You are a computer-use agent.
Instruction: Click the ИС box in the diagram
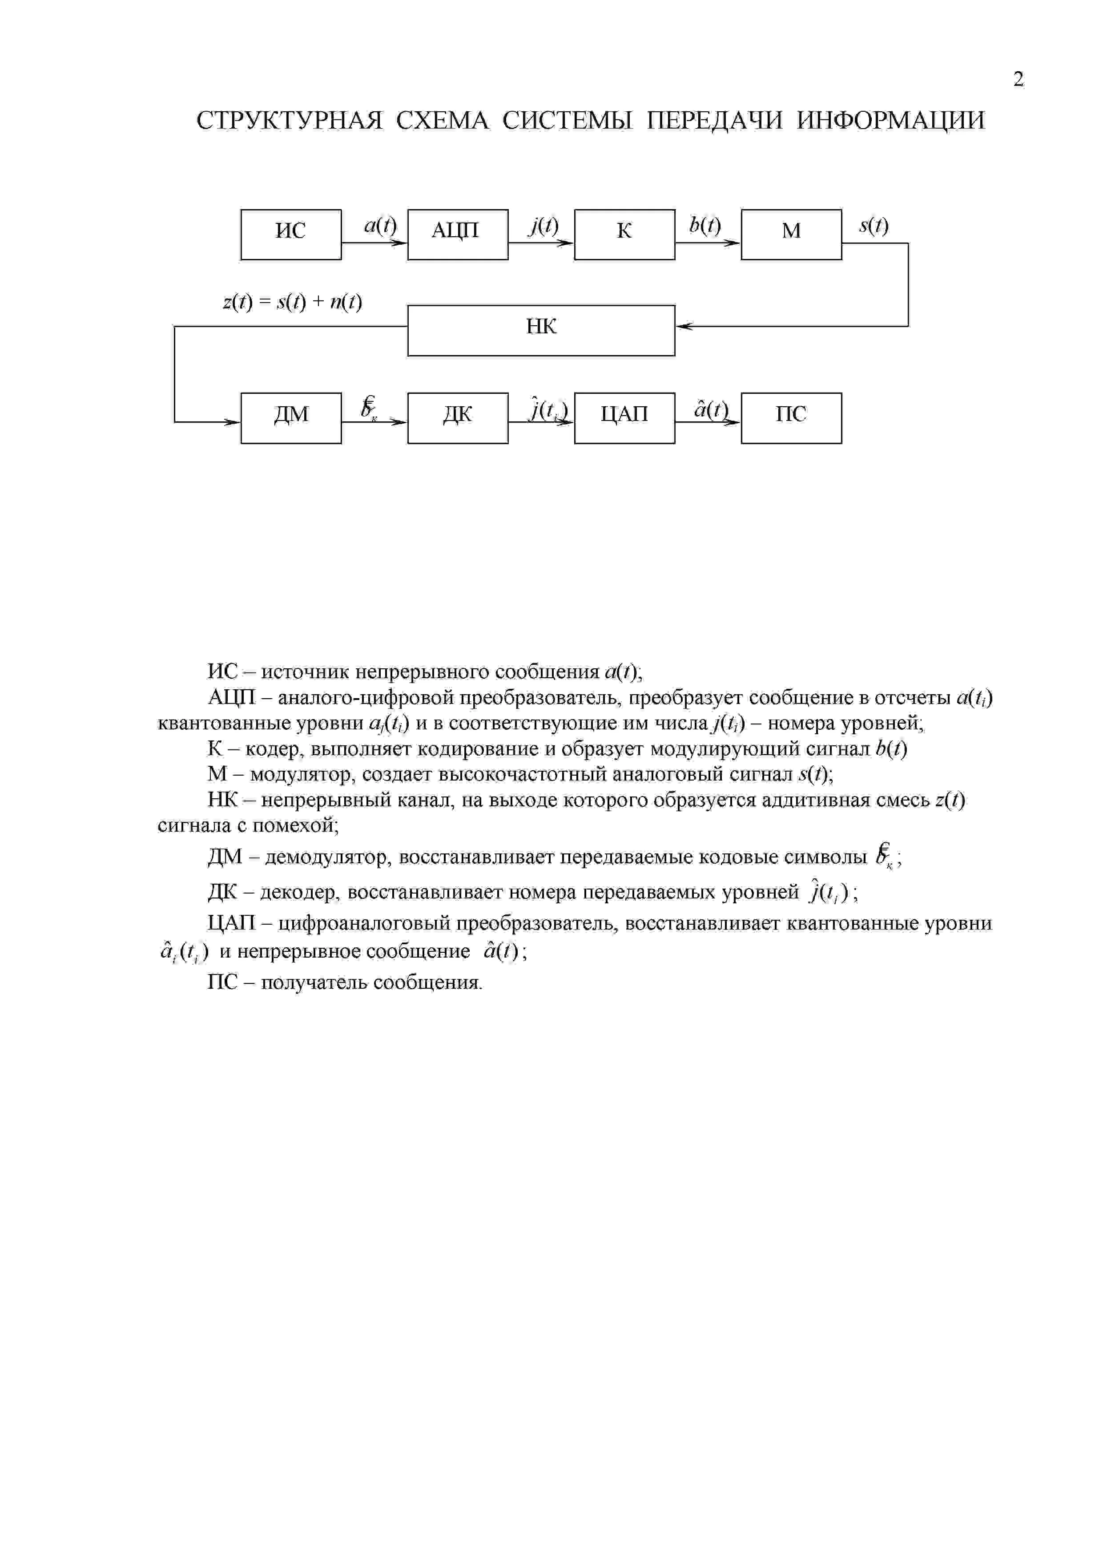click(291, 235)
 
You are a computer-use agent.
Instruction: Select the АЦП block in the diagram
click(457, 235)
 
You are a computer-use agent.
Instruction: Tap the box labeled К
click(624, 235)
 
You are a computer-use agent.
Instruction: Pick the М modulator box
click(791, 235)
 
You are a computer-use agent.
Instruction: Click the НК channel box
click(541, 331)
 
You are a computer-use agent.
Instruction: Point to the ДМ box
click(291, 418)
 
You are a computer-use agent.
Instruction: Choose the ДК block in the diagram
click(457, 418)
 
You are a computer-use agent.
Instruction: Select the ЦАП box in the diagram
click(624, 418)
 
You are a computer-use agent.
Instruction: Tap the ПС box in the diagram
click(791, 418)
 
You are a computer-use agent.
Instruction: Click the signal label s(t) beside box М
click(874, 226)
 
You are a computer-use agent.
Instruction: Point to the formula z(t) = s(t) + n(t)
click(292, 302)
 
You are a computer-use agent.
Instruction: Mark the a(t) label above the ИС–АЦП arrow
click(380, 225)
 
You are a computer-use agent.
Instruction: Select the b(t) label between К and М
click(705, 225)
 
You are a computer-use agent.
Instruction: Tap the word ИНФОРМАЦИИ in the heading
click(890, 121)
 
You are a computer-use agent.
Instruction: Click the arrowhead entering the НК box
click(682, 326)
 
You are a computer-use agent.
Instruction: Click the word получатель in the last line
click(314, 983)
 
